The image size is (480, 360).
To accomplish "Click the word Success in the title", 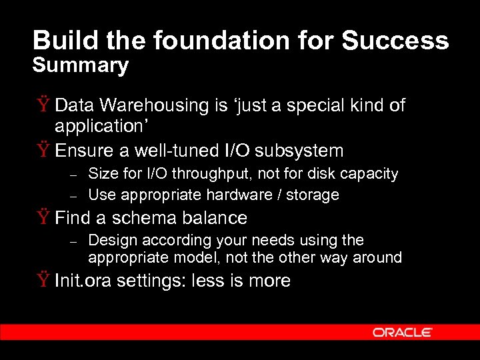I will click(395, 41).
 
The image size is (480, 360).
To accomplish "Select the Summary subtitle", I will click(80, 65).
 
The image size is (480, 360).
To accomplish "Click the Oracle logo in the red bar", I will click(403, 333).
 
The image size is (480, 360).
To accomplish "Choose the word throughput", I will click(219, 174).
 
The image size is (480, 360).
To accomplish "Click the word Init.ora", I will click(83, 281).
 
